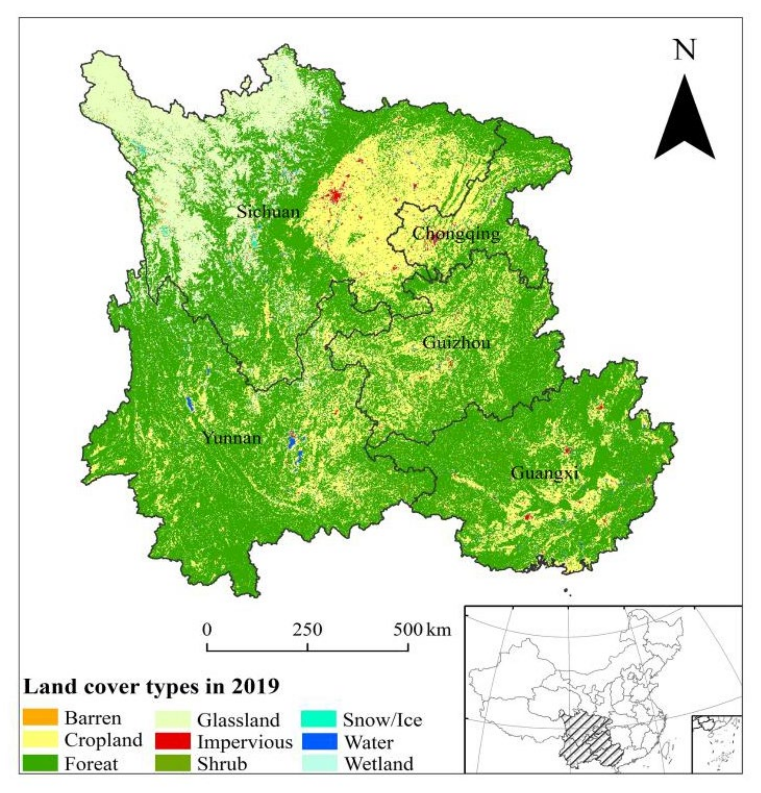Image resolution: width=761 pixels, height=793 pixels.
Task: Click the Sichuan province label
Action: click(x=268, y=212)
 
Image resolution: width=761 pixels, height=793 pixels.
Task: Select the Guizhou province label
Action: click(x=456, y=343)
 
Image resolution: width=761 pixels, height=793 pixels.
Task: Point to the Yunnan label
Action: click(x=232, y=438)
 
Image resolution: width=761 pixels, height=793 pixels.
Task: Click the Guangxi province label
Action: click(x=544, y=473)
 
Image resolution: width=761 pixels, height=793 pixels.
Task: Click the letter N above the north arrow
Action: click(x=684, y=50)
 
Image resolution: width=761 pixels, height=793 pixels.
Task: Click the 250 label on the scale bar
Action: click(x=308, y=630)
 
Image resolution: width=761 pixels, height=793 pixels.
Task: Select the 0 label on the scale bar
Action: click(x=207, y=630)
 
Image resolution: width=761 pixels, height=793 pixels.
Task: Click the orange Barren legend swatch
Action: click(x=40, y=717)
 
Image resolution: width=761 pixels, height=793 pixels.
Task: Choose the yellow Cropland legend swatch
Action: click(x=40, y=740)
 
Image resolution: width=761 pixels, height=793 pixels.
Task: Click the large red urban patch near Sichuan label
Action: click(x=335, y=196)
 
